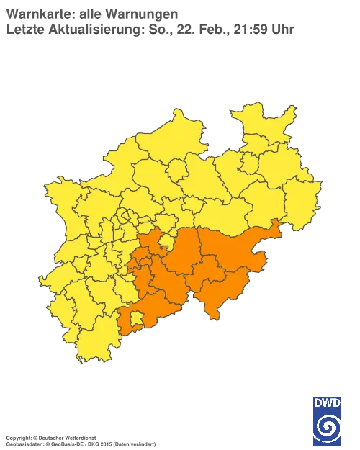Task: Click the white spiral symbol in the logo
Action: click(x=327, y=426)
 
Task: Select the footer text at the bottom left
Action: click(x=79, y=437)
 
